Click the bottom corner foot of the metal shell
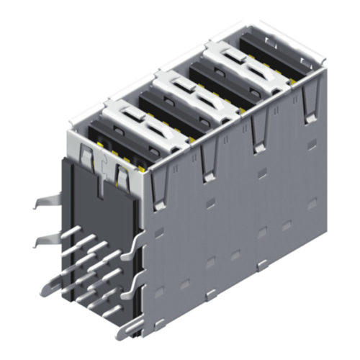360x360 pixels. tap(130, 328)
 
